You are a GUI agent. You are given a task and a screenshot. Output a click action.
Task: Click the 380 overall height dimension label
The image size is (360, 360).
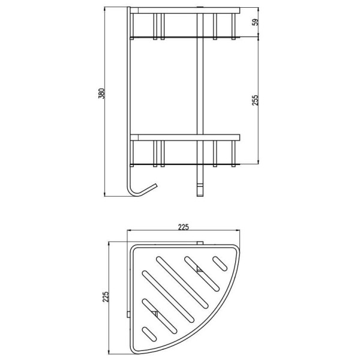pos(101,94)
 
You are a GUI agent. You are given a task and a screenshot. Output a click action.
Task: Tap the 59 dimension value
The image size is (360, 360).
pos(256,22)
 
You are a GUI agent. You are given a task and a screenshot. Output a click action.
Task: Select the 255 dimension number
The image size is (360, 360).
pos(256,100)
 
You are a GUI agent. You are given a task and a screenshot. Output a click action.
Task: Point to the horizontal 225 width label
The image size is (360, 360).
pos(184,227)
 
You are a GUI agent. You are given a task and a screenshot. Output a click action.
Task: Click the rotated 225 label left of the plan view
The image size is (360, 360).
pos(106,297)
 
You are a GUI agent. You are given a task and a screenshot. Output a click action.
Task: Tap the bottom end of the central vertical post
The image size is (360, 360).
pos(200,196)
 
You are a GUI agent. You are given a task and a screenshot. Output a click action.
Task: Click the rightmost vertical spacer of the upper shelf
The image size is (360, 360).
pos(233,26)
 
